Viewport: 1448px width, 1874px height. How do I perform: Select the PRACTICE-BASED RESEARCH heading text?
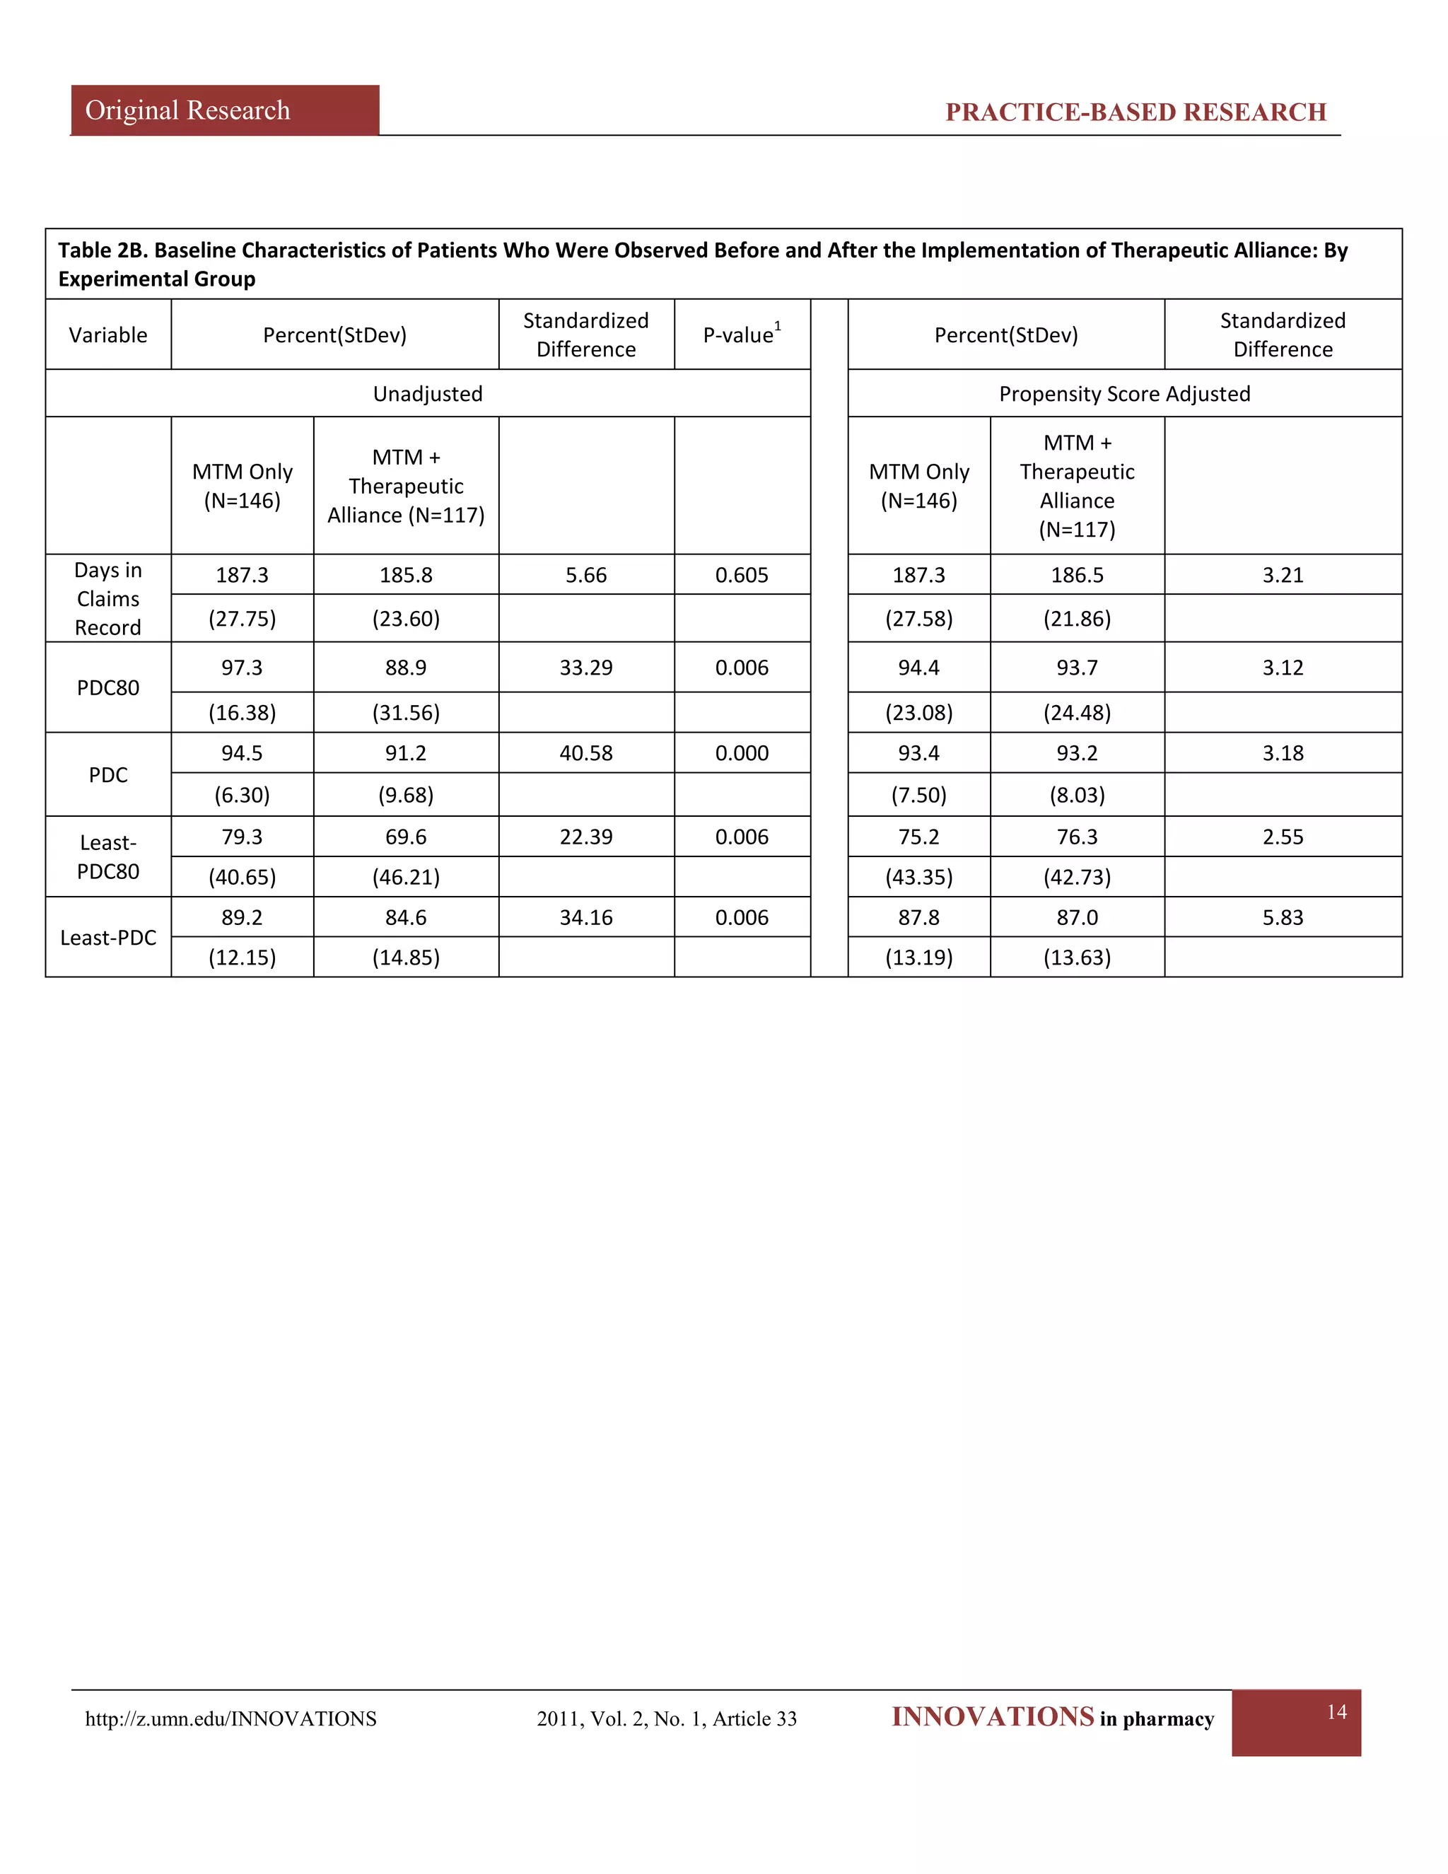point(1135,112)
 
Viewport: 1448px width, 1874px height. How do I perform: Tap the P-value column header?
point(742,334)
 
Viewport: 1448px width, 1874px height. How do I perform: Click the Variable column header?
point(108,334)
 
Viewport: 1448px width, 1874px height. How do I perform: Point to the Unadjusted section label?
point(427,394)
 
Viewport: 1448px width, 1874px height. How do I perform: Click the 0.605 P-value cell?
point(742,575)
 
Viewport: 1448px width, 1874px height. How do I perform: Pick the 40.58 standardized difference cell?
point(586,753)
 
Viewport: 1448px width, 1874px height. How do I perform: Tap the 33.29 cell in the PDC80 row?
point(586,668)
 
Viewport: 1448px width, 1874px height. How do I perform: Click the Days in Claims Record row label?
point(108,599)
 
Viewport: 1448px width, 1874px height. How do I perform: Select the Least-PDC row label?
point(108,938)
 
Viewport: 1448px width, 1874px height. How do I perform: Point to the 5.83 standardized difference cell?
point(1283,917)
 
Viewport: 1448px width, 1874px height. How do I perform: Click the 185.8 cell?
point(406,575)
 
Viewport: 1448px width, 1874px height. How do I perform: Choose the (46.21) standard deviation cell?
point(406,877)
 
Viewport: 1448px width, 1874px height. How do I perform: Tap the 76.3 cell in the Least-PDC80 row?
point(1077,837)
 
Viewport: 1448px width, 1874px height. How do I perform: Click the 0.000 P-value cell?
point(742,753)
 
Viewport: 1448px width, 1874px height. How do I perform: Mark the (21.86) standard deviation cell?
point(1077,619)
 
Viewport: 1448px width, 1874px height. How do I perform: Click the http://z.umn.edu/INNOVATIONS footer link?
point(230,1718)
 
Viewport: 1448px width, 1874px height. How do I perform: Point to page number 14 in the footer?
point(1336,1712)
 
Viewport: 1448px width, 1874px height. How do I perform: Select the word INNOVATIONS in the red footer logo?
point(993,1717)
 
